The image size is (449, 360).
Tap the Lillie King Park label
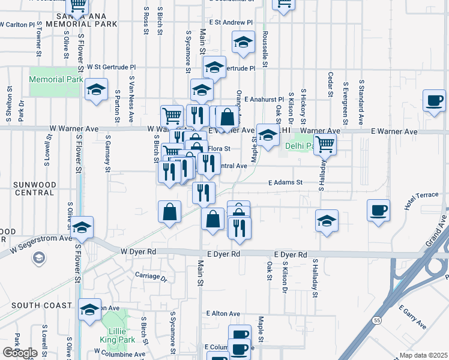click(x=116, y=335)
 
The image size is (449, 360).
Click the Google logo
click(x=20, y=353)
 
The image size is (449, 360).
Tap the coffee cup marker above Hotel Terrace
click(x=378, y=211)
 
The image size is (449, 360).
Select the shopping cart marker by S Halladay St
click(x=325, y=143)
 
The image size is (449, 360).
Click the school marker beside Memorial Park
click(x=95, y=90)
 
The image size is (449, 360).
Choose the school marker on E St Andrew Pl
click(x=243, y=42)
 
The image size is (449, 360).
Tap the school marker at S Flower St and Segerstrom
click(x=82, y=227)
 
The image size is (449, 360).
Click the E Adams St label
click(x=284, y=181)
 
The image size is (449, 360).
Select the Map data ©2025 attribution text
click(x=423, y=355)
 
